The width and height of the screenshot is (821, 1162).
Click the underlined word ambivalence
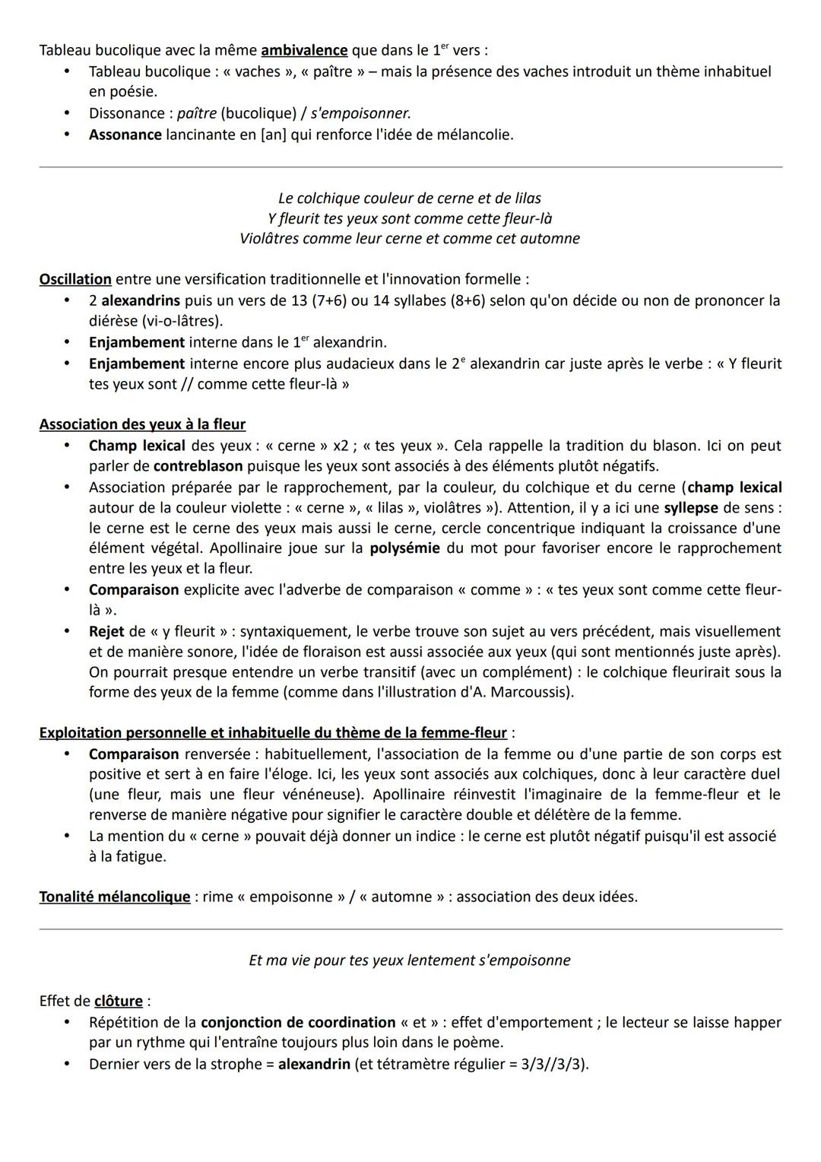(x=304, y=51)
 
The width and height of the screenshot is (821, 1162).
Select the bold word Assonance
(x=125, y=135)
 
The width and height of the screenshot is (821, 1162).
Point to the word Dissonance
(x=126, y=113)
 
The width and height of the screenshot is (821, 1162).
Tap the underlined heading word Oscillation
(x=75, y=279)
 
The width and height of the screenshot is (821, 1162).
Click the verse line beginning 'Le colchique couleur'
(x=410, y=198)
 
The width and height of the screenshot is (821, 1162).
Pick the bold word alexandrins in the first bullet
(x=141, y=300)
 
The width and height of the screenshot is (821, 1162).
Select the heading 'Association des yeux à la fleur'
(x=142, y=424)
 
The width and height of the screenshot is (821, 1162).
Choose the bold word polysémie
(x=404, y=548)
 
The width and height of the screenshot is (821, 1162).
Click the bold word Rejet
(x=106, y=631)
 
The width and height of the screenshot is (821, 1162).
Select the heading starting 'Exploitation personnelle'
(x=273, y=733)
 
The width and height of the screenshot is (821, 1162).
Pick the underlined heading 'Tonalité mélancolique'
(x=115, y=897)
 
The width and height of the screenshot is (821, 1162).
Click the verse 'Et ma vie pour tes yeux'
(x=410, y=960)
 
